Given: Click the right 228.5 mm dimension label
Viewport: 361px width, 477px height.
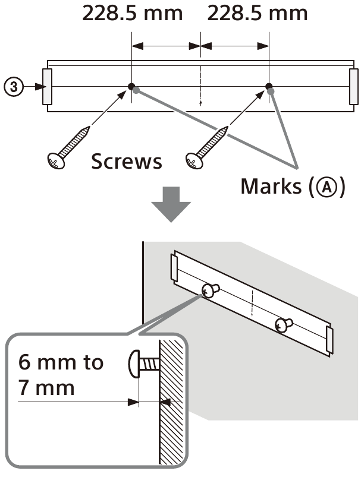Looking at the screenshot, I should pyautogui.click(x=257, y=14).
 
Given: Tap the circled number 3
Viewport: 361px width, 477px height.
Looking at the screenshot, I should pyautogui.click(x=16, y=87).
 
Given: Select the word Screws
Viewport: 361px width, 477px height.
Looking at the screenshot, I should pyautogui.click(x=126, y=161).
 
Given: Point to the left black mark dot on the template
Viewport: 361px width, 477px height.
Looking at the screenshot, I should pyautogui.click(x=131, y=86).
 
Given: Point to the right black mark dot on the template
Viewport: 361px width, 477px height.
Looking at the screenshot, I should pyautogui.click(x=269, y=86).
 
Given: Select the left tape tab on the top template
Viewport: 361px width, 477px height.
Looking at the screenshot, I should pyautogui.click(x=48, y=87).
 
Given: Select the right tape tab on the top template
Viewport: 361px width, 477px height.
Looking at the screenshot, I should pyautogui.click(x=353, y=87).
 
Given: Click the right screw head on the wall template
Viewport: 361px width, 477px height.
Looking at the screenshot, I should pyautogui.click(x=282, y=324).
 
